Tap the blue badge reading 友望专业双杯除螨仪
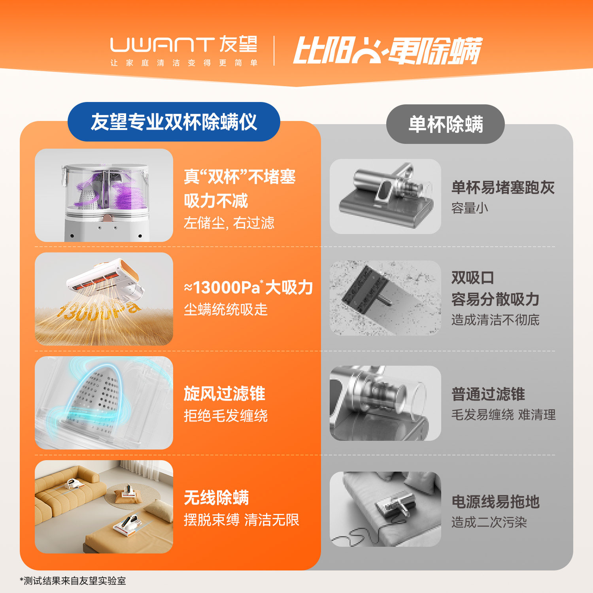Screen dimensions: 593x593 pyautogui.click(x=174, y=122)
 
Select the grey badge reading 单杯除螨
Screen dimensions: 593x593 pyautogui.click(x=446, y=124)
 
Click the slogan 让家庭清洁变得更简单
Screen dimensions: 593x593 pyautogui.click(x=184, y=63)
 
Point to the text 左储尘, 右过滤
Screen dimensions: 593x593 pyautogui.click(x=229, y=223)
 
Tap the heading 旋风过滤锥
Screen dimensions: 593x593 pyautogui.click(x=224, y=394)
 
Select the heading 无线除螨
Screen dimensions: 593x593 pyautogui.click(x=216, y=498)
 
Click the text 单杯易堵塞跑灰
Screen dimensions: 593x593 pyautogui.click(x=503, y=187)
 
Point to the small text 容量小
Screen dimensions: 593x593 pyautogui.click(x=470, y=208)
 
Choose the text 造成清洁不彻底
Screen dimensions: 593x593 pyautogui.click(x=495, y=320)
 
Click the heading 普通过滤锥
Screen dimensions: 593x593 pyautogui.click(x=488, y=394)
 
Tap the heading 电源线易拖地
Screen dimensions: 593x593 pyautogui.click(x=495, y=502)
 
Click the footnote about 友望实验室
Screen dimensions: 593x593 pyautogui.click(x=73, y=581)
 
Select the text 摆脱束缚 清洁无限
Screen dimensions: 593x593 pyautogui.click(x=241, y=520)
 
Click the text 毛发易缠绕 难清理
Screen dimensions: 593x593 pyautogui.click(x=503, y=415)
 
